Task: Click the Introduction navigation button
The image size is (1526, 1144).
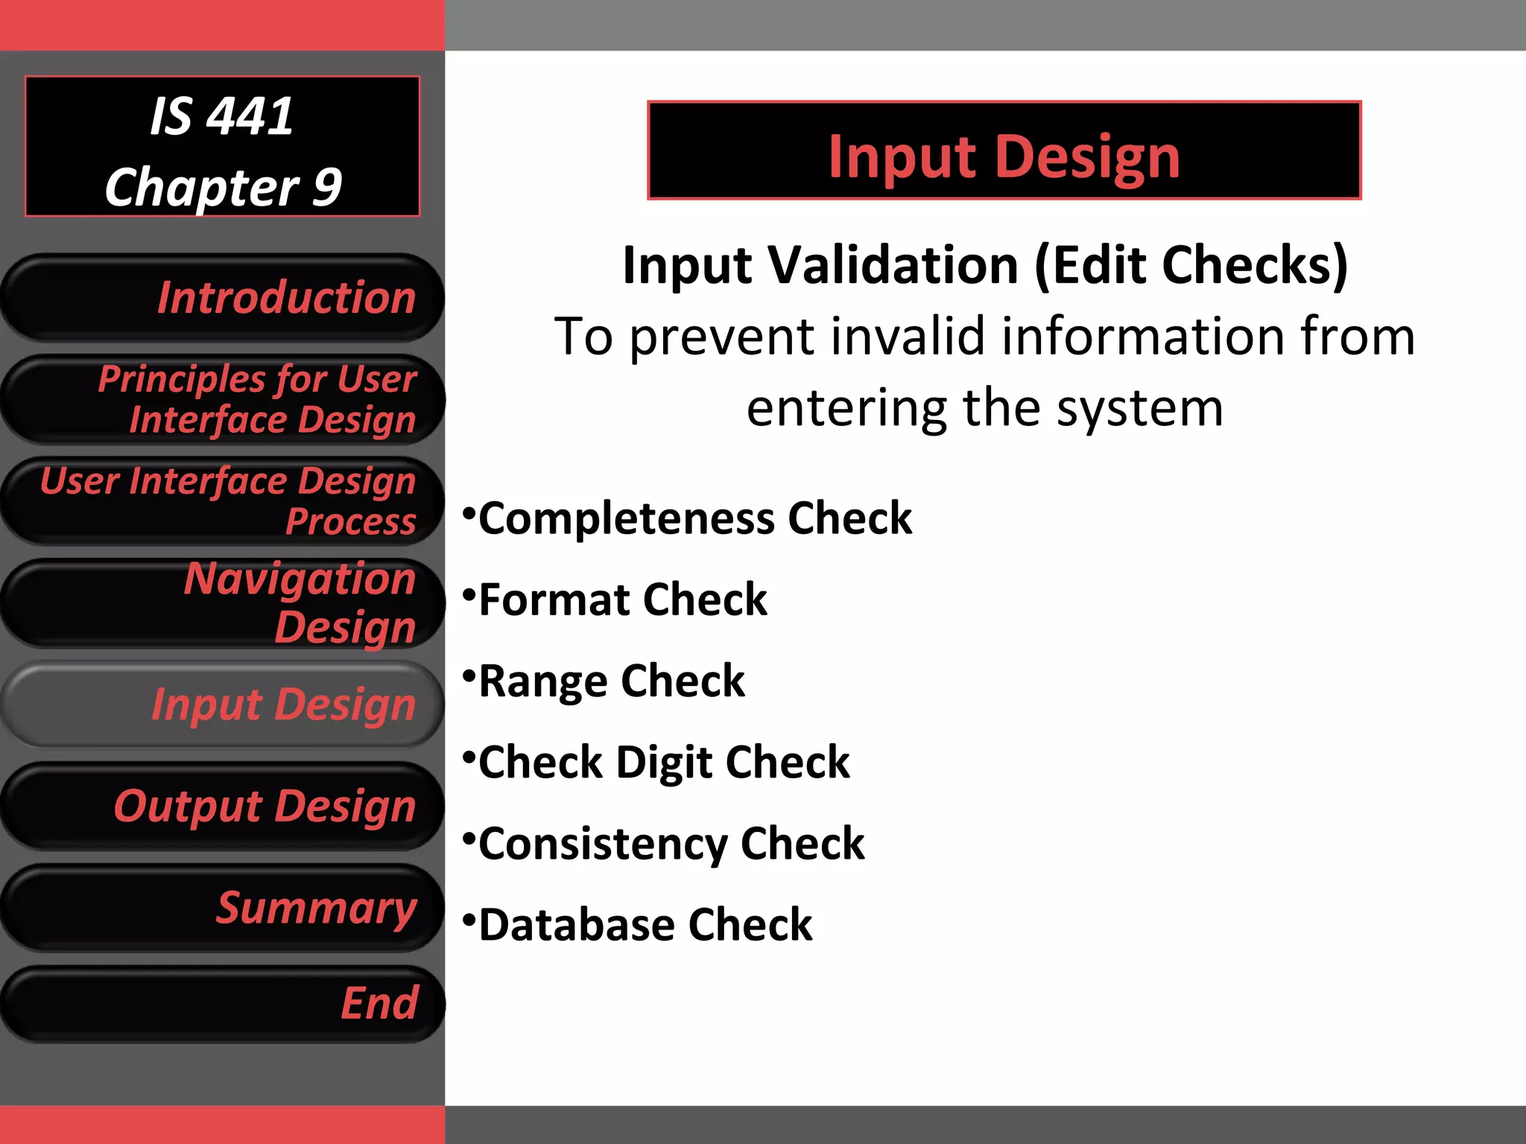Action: (x=224, y=298)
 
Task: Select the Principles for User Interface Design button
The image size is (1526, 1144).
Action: (x=224, y=400)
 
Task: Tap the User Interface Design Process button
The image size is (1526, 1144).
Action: (x=224, y=501)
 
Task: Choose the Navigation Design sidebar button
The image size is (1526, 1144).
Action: (x=224, y=603)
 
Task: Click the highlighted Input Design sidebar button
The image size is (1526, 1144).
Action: (x=224, y=705)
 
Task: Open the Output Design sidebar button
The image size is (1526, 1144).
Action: (x=224, y=807)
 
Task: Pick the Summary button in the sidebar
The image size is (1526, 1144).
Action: (x=224, y=908)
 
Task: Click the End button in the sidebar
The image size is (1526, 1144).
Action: (x=224, y=1003)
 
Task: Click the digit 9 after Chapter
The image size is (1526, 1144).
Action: (x=326, y=188)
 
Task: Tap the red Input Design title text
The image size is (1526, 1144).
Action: (x=1004, y=156)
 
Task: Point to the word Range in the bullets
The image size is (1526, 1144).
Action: (x=543, y=681)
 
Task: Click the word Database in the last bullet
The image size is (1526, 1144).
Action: (x=577, y=926)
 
